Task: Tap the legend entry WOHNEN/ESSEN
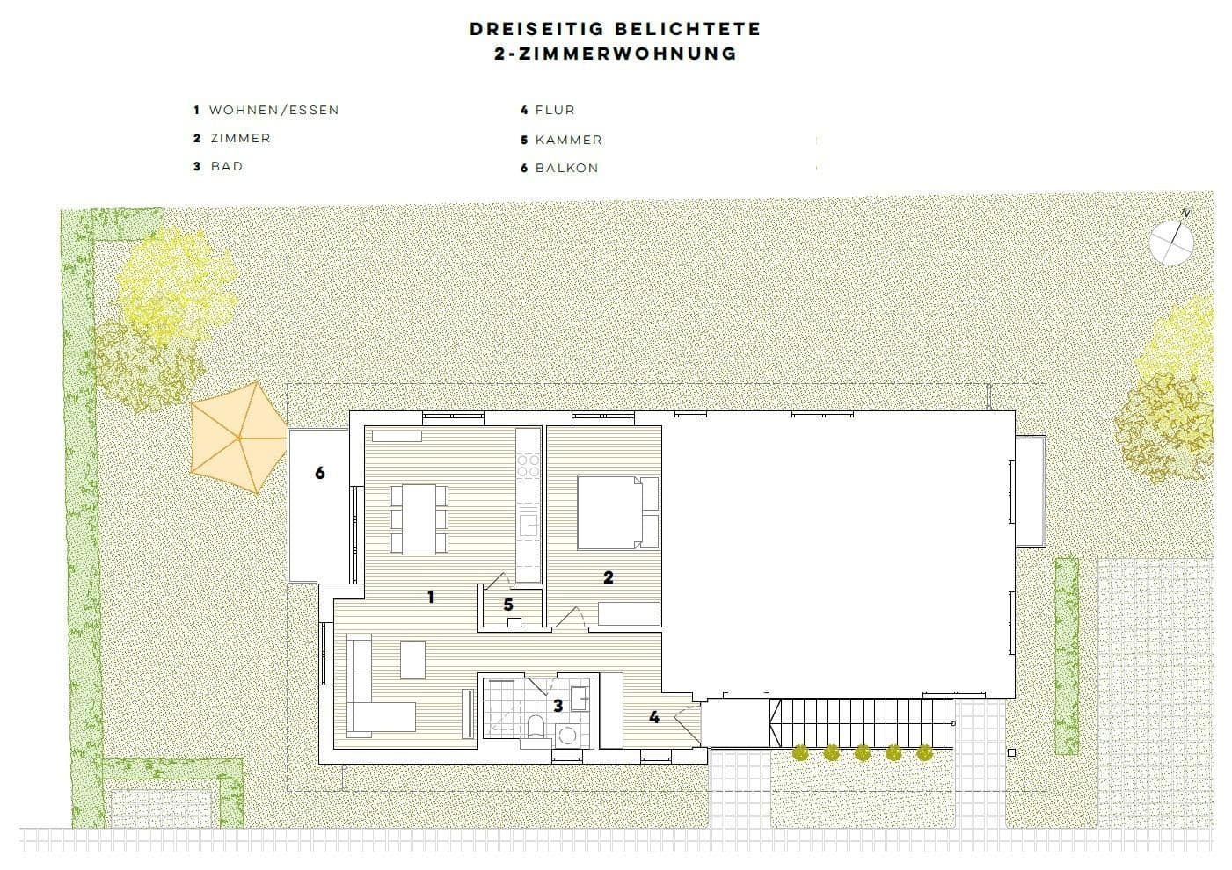point(273,111)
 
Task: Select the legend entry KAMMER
point(568,140)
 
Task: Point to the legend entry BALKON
point(566,168)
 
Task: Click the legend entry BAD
point(226,166)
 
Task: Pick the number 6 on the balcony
point(320,473)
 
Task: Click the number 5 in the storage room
point(508,605)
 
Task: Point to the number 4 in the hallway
point(654,718)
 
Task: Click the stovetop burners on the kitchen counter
point(528,465)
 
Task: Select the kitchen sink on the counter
point(528,526)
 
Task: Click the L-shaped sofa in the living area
point(374,694)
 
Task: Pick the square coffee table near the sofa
point(412,659)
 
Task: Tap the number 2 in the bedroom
point(608,577)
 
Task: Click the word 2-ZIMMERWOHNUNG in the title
point(616,54)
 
